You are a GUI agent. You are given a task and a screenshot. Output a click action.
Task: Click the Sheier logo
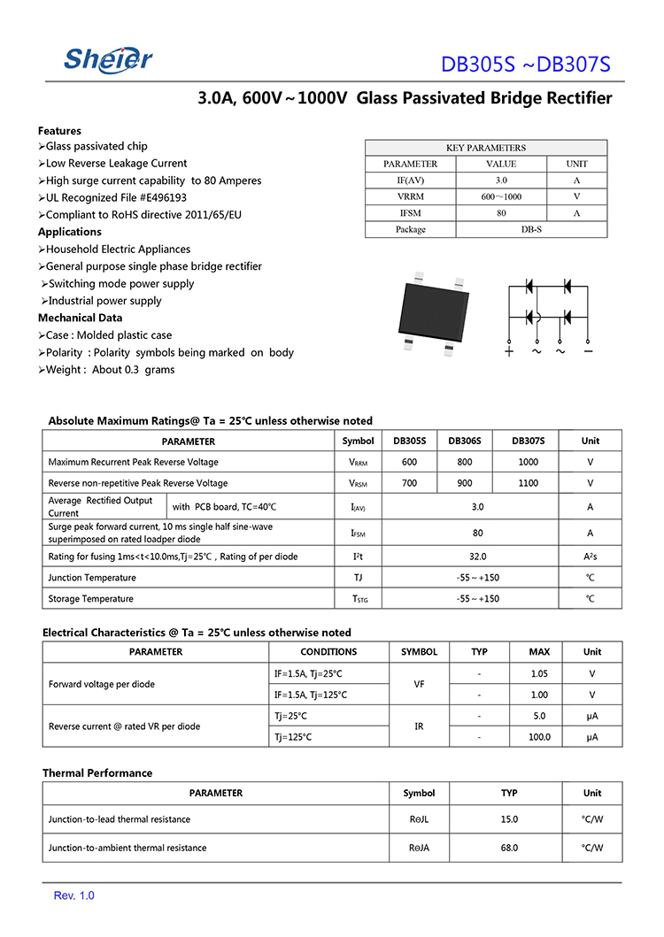[x=108, y=59]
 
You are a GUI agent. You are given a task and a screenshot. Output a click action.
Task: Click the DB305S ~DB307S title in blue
[x=526, y=65]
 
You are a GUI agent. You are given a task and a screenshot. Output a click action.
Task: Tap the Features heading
[x=59, y=130]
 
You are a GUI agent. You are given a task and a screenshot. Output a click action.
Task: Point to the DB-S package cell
[x=531, y=229]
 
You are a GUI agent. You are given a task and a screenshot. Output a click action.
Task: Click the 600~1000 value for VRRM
[x=501, y=196]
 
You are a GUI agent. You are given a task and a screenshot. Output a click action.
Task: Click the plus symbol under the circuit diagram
[x=509, y=351]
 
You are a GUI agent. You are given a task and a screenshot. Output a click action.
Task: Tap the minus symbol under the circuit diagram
[x=588, y=351]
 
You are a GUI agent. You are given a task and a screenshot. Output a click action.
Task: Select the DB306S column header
[x=465, y=441]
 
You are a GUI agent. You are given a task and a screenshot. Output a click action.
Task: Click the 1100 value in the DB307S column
[x=528, y=483]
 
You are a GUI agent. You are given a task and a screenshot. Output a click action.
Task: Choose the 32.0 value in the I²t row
[x=478, y=557]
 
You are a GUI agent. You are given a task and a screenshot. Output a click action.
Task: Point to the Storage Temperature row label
[x=91, y=599]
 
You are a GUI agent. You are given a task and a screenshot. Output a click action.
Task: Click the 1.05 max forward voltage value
[x=539, y=673]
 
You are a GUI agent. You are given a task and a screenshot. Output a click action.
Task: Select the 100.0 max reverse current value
[x=539, y=736]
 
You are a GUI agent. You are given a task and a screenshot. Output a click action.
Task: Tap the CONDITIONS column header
[x=328, y=652]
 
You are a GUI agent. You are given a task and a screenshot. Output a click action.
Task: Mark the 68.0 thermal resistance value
[x=509, y=848]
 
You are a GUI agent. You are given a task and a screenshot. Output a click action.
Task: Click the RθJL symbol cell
[x=419, y=819]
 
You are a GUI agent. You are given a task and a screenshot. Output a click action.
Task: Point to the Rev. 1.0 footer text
[x=74, y=895]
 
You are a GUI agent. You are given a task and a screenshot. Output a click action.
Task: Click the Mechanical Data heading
[x=80, y=318]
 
